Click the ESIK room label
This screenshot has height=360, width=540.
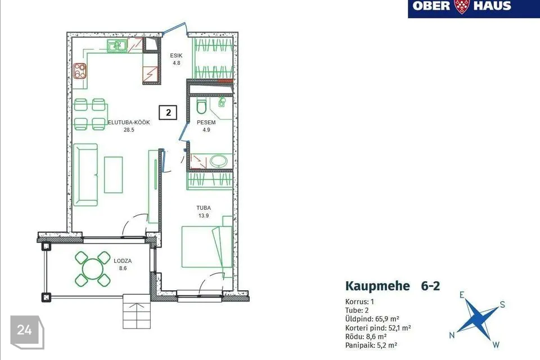click(176, 56)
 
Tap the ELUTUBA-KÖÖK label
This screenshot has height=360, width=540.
click(129, 122)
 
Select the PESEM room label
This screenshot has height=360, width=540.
click(206, 122)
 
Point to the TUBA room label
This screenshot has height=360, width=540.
click(204, 208)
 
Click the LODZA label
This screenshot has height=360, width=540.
click(123, 261)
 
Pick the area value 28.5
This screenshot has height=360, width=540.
click(129, 130)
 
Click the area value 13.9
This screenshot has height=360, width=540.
click(204, 215)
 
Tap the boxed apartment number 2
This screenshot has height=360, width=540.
click(168, 112)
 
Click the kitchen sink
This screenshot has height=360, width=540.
click(117, 46)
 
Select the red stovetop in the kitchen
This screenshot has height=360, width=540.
click(80, 71)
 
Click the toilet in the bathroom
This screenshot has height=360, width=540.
click(201, 105)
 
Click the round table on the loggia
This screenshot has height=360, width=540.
click(93, 269)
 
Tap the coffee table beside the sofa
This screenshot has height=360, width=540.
click(113, 175)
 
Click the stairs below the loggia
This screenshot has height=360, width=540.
click(137, 312)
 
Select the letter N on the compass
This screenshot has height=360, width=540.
click(452, 335)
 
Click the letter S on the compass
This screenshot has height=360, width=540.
click(502, 304)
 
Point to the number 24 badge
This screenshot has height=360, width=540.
click(25, 330)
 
